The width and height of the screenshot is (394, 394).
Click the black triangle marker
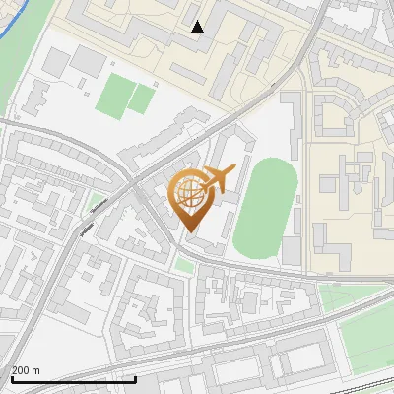click(x=198, y=27)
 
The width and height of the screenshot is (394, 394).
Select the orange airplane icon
click(x=219, y=179)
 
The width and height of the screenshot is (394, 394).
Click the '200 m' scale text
click(x=26, y=370)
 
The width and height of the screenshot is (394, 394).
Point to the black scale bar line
click(x=73, y=379)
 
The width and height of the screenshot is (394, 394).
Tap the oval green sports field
click(x=266, y=209)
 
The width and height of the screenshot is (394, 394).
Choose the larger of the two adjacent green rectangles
click(x=116, y=97)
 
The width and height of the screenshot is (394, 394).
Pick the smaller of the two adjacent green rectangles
click(x=144, y=98)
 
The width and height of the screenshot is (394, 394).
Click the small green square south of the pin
click(x=184, y=267)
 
